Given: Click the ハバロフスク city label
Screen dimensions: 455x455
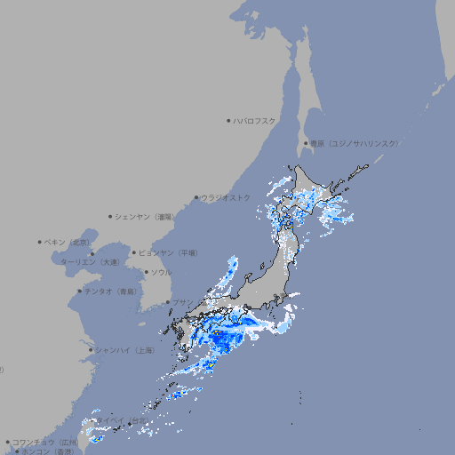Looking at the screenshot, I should [254, 120].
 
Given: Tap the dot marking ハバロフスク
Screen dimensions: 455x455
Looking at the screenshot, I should [228, 120].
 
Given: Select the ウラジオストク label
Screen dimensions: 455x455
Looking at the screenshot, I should [226, 197].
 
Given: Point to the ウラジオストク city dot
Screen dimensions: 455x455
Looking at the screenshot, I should [196, 197].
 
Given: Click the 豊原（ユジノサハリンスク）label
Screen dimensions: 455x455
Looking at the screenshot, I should [355, 143].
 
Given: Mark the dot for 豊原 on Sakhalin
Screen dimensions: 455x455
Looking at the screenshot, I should [306, 143].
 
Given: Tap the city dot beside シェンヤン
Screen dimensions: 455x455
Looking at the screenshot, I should [111, 216].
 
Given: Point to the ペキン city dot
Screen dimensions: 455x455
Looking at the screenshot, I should [40, 242].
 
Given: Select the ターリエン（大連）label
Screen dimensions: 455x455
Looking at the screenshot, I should [90, 262].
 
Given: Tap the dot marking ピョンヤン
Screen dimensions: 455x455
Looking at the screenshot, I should [135, 252].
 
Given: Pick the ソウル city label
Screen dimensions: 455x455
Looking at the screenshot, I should [161, 272].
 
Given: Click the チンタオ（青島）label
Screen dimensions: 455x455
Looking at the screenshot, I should [111, 291].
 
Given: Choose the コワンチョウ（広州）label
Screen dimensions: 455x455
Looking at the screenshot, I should [44, 442].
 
